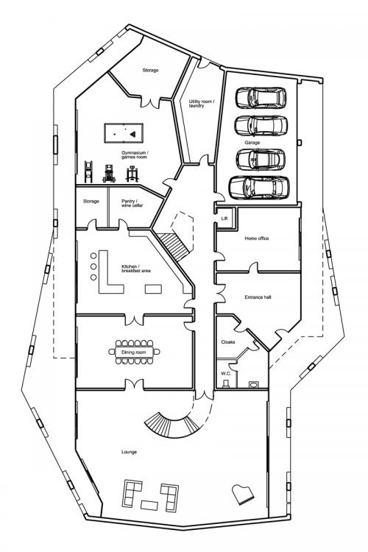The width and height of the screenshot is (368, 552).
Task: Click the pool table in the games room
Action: (124, 133)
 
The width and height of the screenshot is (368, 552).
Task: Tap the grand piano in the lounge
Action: (243, 495)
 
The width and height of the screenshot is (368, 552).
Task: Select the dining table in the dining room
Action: (134, 352)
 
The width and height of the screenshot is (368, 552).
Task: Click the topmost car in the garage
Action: (261, 97)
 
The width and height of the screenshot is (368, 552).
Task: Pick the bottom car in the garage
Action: (259, 187)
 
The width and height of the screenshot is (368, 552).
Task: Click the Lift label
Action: (224, 219)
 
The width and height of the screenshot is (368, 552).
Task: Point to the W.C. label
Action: (226, 373)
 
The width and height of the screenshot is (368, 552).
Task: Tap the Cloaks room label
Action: (228, 342)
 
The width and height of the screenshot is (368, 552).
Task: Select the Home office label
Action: (257, 238)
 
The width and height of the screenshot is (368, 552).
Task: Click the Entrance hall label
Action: (258, 297)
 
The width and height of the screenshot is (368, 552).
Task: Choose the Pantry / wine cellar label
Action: (132, 203)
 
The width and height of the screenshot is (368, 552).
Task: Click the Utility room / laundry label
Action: (202, 104)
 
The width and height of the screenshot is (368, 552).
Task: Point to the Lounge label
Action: (129, 452)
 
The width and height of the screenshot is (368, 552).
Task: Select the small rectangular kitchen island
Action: (154, 289)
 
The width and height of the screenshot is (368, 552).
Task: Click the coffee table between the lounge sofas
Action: (149, 505)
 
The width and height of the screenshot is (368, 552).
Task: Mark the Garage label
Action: (252, 143)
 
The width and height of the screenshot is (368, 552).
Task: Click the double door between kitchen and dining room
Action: (134, 319)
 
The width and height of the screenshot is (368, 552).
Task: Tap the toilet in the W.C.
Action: (253, 384)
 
